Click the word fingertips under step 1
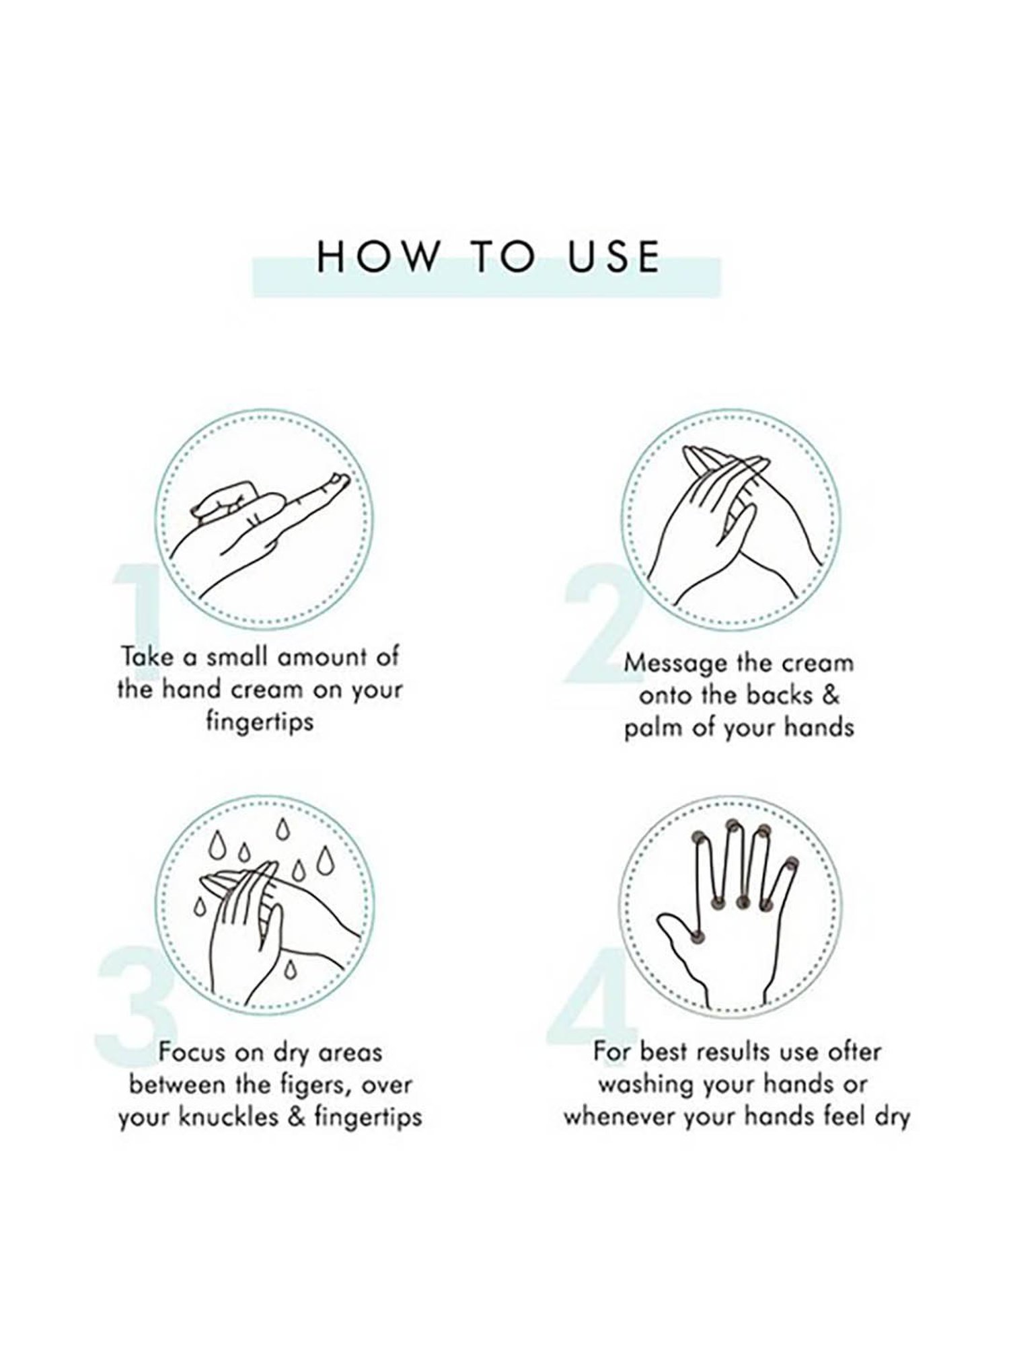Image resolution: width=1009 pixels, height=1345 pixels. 259,724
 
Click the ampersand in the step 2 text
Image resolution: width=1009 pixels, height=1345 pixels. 831,695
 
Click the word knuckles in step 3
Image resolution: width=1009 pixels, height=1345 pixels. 225,1116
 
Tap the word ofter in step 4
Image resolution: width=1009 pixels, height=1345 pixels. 851,1052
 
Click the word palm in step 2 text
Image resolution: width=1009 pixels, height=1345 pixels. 651,728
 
